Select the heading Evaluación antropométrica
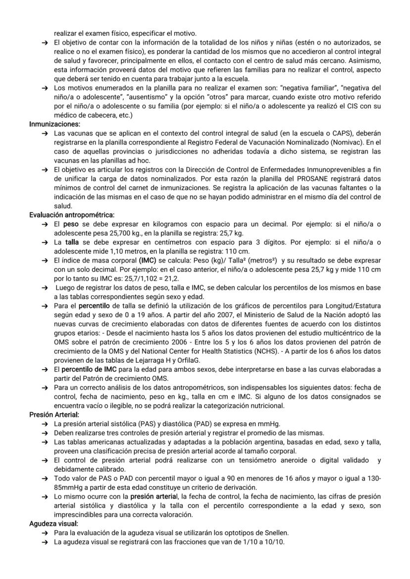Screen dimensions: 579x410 [x=72, y=215]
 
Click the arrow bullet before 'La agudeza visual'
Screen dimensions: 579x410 [x=45, y=542]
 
